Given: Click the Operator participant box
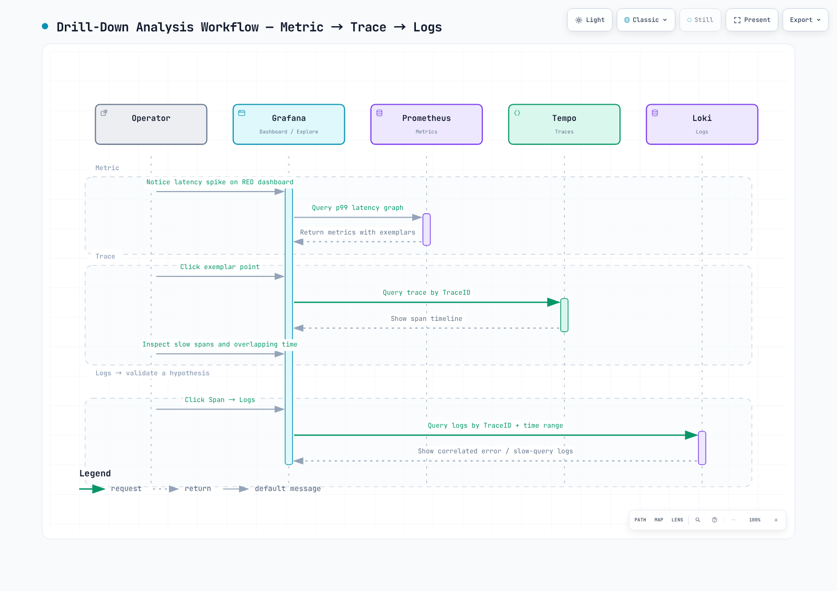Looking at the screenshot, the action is coord(151,124).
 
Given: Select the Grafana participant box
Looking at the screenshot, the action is coord(288,124).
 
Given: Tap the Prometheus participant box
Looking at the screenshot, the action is coord(426,124).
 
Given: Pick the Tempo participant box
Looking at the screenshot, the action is coord(564,124).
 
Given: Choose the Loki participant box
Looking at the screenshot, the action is coord(702,124).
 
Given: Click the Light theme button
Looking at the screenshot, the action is coord(590,20).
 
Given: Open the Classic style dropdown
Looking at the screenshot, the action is coord(646,20).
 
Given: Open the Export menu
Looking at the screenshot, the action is coord(805,20).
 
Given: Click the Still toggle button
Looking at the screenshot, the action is coord(700,20).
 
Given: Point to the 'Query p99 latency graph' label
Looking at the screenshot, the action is coord(358,208).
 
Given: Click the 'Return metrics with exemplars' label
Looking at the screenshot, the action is coord(358,232).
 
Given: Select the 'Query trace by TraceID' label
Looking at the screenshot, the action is coord(426,293).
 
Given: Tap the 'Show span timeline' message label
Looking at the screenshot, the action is coord(426,319).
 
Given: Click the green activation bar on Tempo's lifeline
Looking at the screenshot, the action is coord(564,315).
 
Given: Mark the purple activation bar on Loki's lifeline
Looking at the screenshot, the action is coord(702,448).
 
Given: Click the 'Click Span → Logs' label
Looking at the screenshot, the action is coord(220,400).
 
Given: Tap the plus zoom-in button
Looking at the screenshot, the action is coord(776,520).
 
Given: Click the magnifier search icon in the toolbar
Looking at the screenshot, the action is coord(697,520).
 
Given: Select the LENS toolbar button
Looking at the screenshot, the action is coord(677,520).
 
